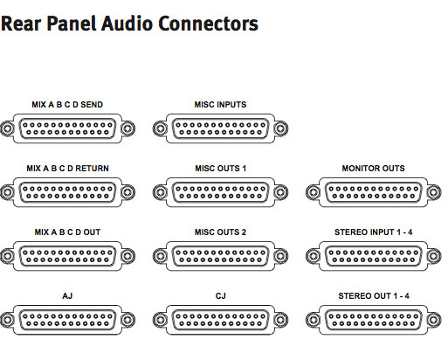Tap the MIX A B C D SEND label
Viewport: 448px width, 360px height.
(67, 105)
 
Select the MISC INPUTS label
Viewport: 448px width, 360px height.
(220, 105)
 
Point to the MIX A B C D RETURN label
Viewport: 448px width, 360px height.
(67, 169)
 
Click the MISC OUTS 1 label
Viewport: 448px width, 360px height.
(220, 169)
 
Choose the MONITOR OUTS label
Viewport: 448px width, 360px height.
(373, 169)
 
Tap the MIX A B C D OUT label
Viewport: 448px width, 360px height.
(67, 232)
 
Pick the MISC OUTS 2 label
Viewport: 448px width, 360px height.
(220, 232)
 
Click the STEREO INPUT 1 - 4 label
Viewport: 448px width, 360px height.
(374, 232)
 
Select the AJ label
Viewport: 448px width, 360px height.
(67, 296)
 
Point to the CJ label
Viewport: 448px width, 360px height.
(220, 296)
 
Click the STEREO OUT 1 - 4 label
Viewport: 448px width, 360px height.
(374, 296)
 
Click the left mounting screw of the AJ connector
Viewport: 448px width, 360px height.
(7, 320)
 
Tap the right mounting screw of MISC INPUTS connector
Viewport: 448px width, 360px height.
(280, 128)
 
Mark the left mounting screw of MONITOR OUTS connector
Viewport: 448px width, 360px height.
(314, 192)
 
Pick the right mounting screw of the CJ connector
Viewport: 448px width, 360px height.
(280, 320)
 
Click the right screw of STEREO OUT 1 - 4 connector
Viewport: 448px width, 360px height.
(434, 320)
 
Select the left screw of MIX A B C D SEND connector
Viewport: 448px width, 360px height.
(7, 128)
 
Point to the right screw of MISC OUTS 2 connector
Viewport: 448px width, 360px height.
(280, 256)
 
